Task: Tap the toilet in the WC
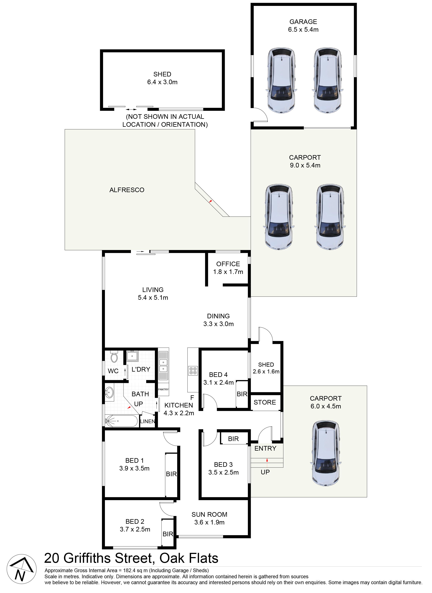(114, 357)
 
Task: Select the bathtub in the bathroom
(121, 421)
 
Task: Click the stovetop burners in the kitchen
(193, 371)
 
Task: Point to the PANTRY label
(163, 389)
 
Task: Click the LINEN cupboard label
(148, 421)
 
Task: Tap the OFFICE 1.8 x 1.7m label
(228, 268)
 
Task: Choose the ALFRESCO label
(127, 190)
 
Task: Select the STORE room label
(265, 402)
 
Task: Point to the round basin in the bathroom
(109, 392)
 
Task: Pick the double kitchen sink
(164, 365)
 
